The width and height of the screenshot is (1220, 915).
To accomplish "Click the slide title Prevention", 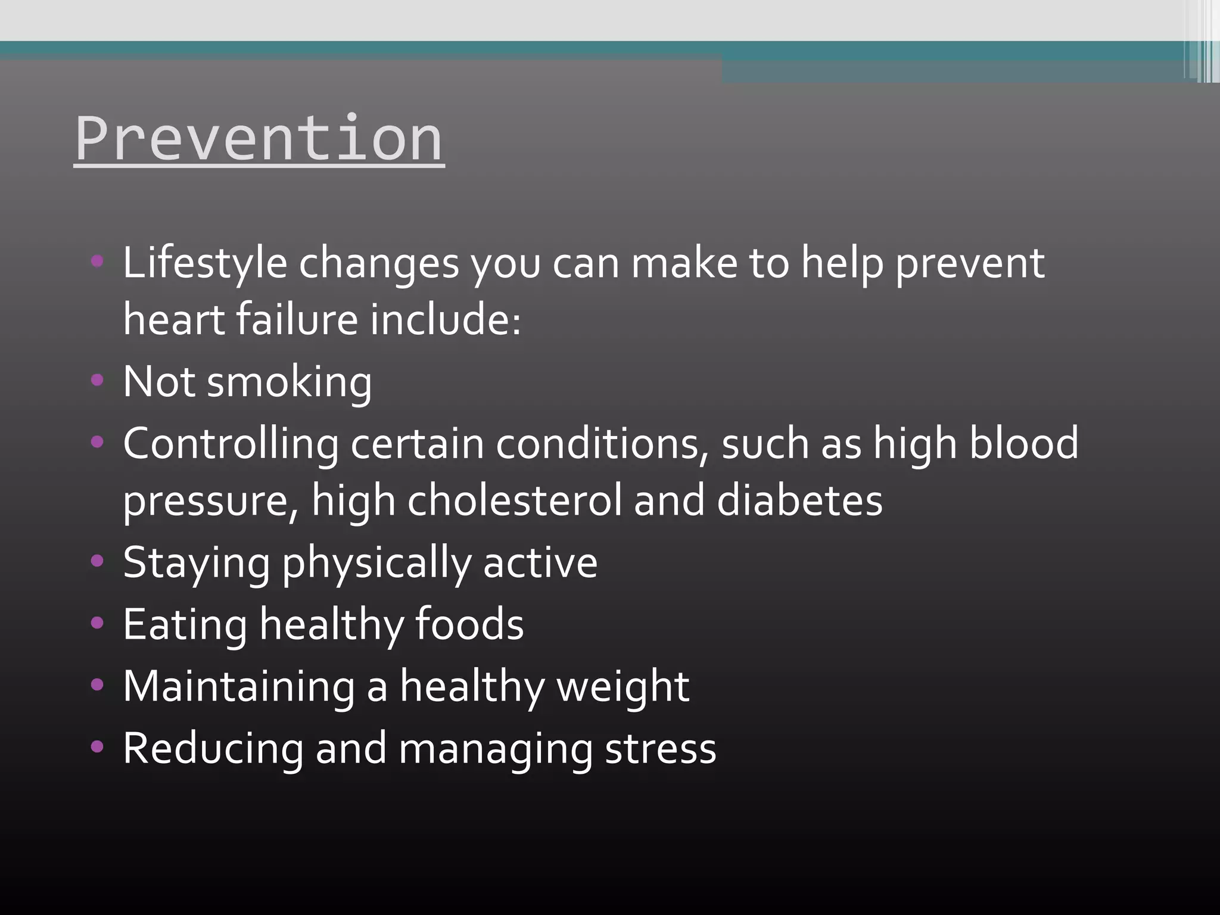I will point(259,138).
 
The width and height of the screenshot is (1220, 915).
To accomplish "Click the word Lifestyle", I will point(205,263).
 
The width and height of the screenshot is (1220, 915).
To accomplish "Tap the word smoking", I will point(289,382).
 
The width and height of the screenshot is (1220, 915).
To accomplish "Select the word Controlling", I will point(230,444).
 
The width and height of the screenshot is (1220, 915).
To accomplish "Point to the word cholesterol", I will point(514,500).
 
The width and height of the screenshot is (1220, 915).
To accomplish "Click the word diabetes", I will point(799,500).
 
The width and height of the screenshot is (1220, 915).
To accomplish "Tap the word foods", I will point(469,624).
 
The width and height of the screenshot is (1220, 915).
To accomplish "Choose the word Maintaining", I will point(238,687).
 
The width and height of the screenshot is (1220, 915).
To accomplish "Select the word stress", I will point(661,749).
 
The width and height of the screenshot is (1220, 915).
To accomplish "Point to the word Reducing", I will point(213,749).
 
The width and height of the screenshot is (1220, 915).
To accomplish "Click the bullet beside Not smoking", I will point(97,380).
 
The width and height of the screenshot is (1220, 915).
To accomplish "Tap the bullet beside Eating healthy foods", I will point(97,623).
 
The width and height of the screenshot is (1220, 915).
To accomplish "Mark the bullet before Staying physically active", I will point(97,561).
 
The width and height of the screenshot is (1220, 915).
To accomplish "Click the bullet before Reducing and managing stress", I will point(97,747).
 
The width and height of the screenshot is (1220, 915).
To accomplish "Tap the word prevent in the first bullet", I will point(970,263).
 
